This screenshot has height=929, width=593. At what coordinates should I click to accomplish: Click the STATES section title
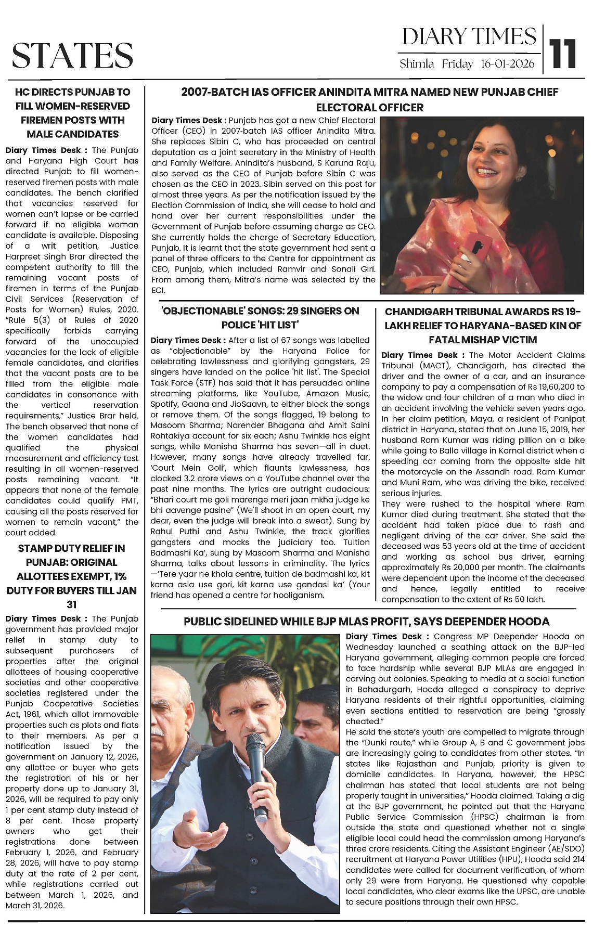[x=72, y=56]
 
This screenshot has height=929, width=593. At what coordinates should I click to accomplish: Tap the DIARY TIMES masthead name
[x=469, y=37]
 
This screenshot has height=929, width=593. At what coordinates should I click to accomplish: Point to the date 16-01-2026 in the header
[x=508, y=64]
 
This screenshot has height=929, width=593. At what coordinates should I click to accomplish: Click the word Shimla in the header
[x=417, y=64]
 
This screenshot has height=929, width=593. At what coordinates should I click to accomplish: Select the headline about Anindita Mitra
[x=369, y=100]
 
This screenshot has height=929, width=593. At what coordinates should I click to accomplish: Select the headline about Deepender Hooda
[x=367, y=622]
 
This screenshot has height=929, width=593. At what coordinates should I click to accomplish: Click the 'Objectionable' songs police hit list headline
[x=260, y=318]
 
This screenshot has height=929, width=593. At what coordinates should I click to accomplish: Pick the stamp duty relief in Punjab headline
[x=72, y=576]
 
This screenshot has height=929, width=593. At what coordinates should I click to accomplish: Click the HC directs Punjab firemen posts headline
[x=72, y=113]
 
